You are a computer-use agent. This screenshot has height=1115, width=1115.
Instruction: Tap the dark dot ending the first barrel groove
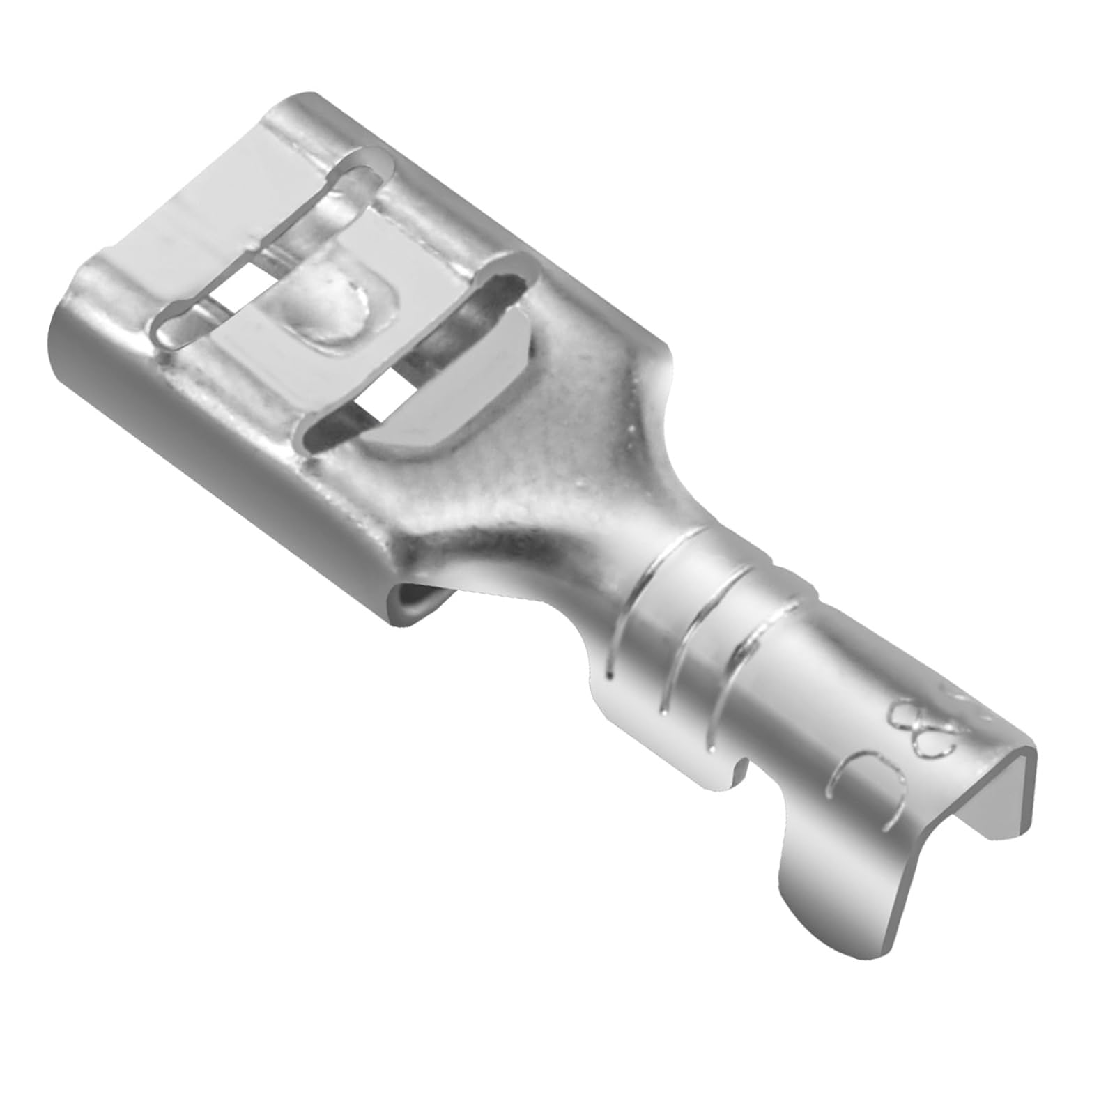[610, 675]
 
